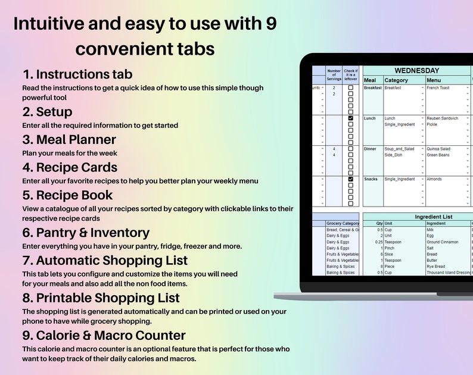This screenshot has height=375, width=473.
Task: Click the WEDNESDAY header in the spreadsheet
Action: pyautogui.click(x=416, y=70)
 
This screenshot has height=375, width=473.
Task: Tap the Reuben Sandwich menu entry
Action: pyautogui.click(x=442, y=118)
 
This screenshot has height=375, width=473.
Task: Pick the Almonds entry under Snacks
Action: pyautogui.click(x=435, y=179)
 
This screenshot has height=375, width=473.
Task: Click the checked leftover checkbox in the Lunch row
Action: pyautogui.click(x=350, y=118)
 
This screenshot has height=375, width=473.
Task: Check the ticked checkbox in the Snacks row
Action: pyautogui.click(x=350, y=179)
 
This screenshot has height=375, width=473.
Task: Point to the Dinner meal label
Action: pyautogui.click(x=370, y=149)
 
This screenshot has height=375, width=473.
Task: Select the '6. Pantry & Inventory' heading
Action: pyautogui.click(x=86, y=232)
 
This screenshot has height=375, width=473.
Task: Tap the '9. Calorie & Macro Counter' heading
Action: pyautogui.click(x=104, y=335)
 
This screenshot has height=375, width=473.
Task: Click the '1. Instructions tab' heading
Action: pyautogui.click(x=77, y=74)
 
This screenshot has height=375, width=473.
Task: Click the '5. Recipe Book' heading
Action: pyautogui.click(x=67, y=195)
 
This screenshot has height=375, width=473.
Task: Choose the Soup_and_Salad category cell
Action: pyautogui.click(x=399, y=149)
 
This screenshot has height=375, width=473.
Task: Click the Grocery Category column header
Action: pyautogui.click(x=343, y=224)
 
